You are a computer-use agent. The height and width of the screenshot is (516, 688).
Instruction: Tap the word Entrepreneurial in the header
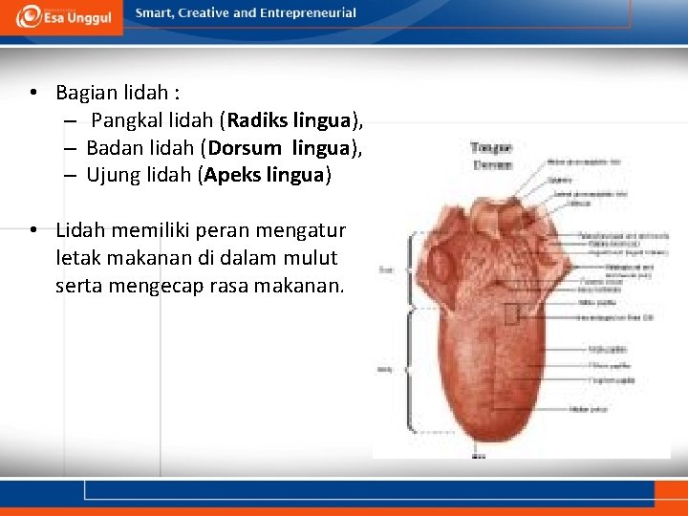307,13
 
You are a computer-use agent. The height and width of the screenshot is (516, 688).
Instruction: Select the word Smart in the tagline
156,13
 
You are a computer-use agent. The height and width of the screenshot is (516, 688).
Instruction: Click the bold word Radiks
253,120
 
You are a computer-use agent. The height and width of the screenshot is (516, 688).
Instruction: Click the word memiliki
140,231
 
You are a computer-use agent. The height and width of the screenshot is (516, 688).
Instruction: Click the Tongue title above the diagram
491,148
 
